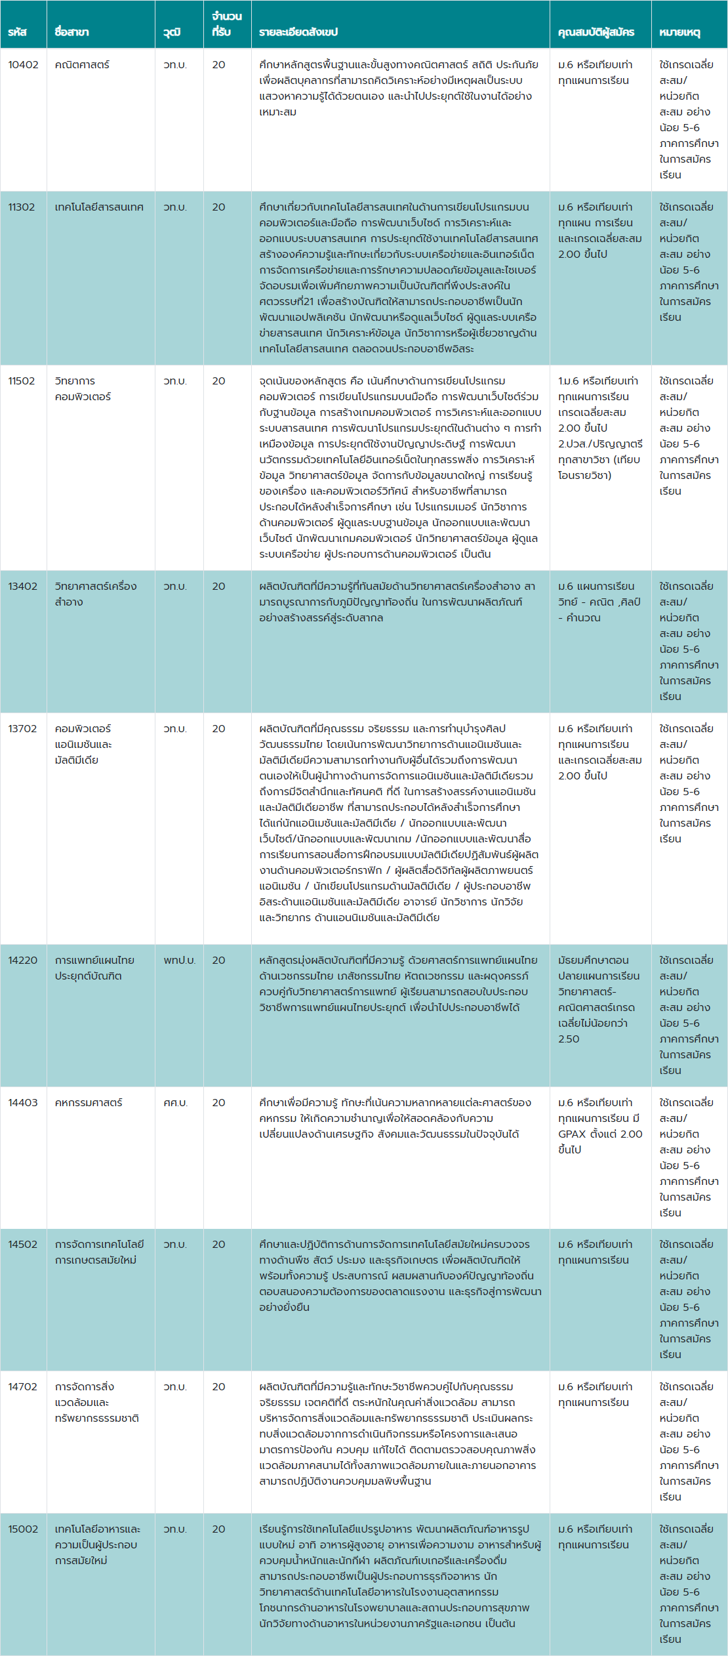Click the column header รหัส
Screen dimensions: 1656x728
[17, 32]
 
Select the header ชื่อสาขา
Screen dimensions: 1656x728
[71, 32]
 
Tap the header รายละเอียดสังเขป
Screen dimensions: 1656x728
[298, 32]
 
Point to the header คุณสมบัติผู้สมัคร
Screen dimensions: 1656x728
[596, 32]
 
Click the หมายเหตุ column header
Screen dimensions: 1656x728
[679, 32]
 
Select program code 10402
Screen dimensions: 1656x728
[23, 65]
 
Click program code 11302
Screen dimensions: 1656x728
[22, 207]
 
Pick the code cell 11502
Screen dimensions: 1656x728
[22, 381]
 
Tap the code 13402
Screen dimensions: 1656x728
[22, 587]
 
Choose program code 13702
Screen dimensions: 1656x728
[22, 729]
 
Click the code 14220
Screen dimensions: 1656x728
[22, 961]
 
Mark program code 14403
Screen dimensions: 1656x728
[22, 1103]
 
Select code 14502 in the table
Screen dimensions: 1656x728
[22, 1245]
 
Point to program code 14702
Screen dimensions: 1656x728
[22, 1387]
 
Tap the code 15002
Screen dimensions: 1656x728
[23, 1529]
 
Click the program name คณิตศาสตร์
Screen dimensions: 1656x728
[82, 65]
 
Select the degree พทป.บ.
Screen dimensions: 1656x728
[179, 961]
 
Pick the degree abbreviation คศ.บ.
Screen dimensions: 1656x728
[175, 1103]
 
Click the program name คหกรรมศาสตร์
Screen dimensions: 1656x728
[89, 1103]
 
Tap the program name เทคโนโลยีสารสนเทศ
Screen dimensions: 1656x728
[99, 207]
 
